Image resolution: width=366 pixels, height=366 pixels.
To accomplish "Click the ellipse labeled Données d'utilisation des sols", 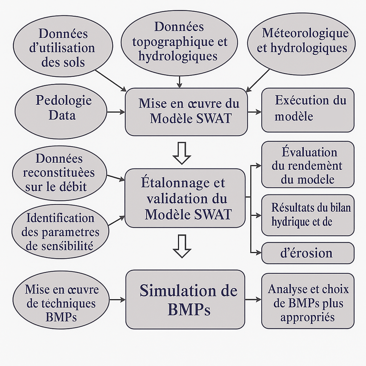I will click(63, 48).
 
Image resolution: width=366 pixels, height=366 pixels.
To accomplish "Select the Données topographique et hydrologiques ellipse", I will click(180, 42).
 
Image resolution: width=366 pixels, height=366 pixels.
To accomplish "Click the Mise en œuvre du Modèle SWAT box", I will click(186, 112).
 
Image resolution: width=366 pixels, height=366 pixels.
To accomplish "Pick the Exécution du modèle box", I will click(308, 110).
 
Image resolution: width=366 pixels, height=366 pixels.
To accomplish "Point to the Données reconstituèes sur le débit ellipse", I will click(59, 173).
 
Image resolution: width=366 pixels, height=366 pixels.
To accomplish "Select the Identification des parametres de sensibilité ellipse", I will click(60, 231).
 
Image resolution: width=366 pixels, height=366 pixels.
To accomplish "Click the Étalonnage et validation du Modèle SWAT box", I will click(185, 198).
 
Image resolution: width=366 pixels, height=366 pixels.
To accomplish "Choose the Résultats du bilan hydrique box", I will click(308, 215).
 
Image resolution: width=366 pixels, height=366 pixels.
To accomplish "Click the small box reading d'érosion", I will click(308, 253).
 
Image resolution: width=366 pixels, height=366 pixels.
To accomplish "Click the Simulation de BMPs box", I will click(185, 300).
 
